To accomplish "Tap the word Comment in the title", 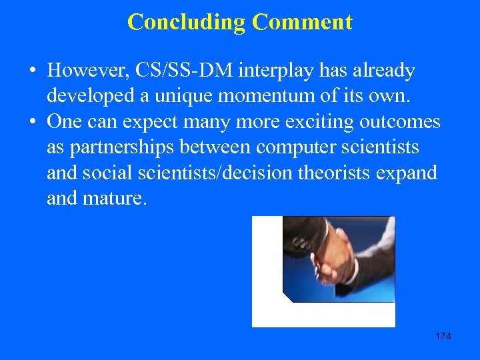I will click(x=302, y=22).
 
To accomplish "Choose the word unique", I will click(x=181, y=96).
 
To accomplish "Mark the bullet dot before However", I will click(x=31, y=71).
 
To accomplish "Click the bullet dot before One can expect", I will click(x=31, y=123).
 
